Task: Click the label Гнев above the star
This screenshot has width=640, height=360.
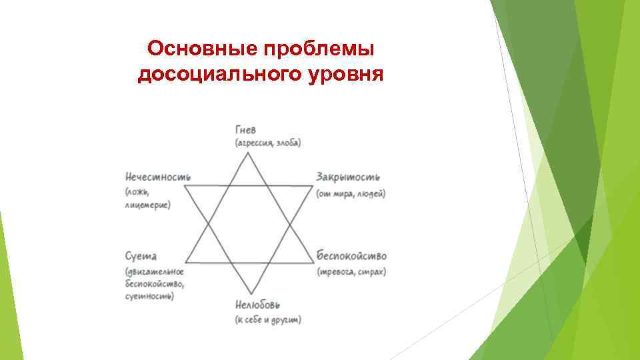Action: (x=245, y=129)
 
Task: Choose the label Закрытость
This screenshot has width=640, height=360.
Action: (x=348, y=177)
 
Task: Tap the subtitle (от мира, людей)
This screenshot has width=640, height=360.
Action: (x=351, y=193)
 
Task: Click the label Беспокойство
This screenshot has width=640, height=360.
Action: (x=351, y=256)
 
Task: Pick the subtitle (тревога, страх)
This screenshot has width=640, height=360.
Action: (x=351, y=271)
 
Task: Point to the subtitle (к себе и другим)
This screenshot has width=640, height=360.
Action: (x=268, y=320)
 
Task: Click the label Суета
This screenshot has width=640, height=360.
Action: (x=141, y=256)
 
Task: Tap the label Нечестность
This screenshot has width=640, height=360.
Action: (x=158, y=177)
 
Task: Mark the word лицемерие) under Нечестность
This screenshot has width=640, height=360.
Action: (x=147, y=205)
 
